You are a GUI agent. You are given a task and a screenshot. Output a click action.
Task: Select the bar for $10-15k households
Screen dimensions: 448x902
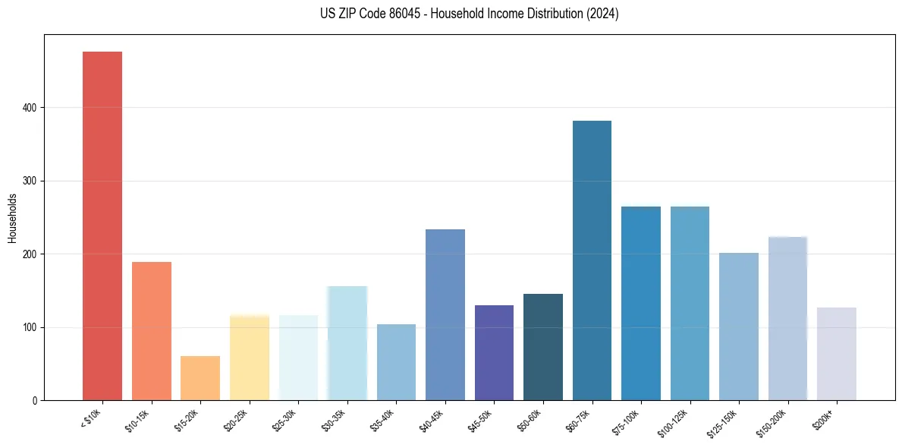click(x=152, y=331)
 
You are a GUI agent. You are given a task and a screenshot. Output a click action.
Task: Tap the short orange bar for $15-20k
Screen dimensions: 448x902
click(x=200, y=378)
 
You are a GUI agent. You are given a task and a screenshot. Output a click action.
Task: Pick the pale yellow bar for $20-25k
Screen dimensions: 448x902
click(x=250, y=358)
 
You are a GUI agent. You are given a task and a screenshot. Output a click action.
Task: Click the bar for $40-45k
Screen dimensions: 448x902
click(x=445, y=314)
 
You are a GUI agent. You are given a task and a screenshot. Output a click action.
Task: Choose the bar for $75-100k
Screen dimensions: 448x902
click(x=641, y=303)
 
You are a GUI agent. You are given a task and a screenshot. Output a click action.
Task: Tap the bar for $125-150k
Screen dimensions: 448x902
click(x=739, y=327)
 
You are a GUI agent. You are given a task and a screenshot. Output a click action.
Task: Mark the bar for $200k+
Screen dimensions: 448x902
click(x=837, y=354)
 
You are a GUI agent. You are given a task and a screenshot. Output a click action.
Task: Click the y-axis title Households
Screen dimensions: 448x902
click(x=13, y=218)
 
